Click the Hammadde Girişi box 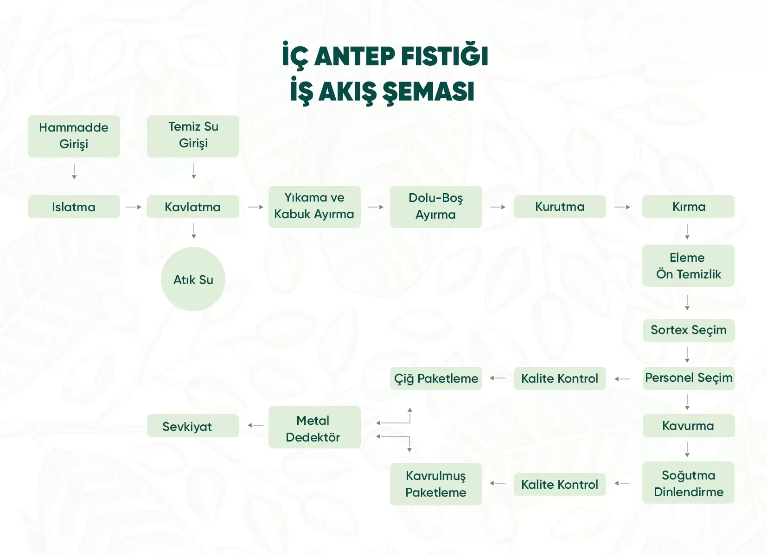[x=74, y=136]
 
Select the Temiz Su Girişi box [x=193, y=136]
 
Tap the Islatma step [x=74, y=207]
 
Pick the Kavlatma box [x=193, y=207]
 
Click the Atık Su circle [x=193, y=279]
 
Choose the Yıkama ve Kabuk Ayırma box [x=314, y=207]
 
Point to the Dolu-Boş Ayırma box [x=436, y=207]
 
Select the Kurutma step [x=560, y=207]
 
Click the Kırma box [x=688, y=207]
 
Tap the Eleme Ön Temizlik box [x=688, y=265]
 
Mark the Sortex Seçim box [x=689, y=330]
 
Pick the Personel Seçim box [x=689, y=378]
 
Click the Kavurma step [x=689, y=426]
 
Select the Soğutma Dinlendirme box [x=688, y=482]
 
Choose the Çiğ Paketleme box [x=436, y=378]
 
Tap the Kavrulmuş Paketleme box [x=436, y=484]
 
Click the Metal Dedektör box [x=314, y=428]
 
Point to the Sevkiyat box [x=193, y=426]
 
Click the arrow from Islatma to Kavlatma [x=134, y=207]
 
